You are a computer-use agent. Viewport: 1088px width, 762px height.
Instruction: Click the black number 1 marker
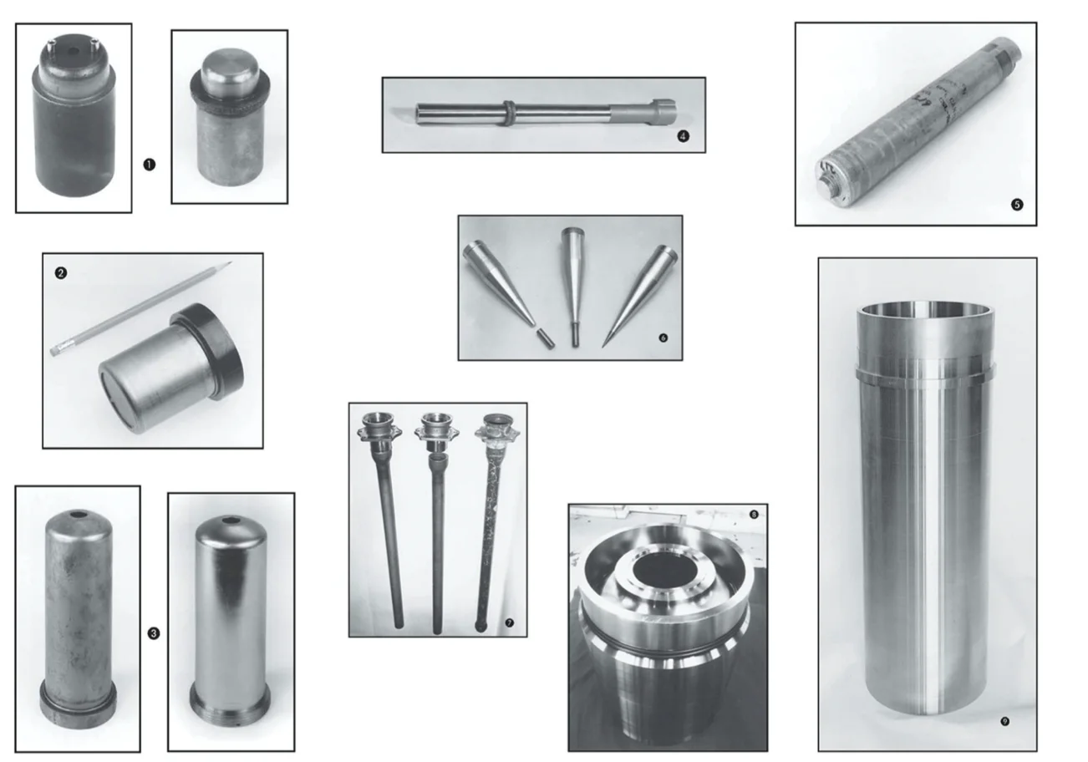click(149, 165)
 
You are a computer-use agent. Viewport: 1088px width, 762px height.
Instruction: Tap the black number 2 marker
click(61, 273)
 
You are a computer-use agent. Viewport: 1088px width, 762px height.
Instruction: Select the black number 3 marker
click(154, 633)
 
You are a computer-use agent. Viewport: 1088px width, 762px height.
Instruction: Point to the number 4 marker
click(683, 136)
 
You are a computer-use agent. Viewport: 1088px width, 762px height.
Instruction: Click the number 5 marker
click(1017, 205)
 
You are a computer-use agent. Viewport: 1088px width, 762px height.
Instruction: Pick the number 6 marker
click(663, 338)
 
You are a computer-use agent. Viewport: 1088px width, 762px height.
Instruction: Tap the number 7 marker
click(509, 622)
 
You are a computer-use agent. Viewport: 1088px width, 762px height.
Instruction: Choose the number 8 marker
click(754, 515)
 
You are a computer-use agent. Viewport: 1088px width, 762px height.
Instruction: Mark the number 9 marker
click(1005, 722)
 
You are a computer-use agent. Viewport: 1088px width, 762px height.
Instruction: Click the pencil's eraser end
click(55, 350)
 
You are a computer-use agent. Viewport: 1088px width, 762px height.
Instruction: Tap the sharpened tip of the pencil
click(231, 262)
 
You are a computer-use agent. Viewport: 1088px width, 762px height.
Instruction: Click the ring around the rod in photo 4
click(510, 114)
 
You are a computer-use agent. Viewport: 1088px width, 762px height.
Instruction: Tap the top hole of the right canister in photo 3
click(231, 521)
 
